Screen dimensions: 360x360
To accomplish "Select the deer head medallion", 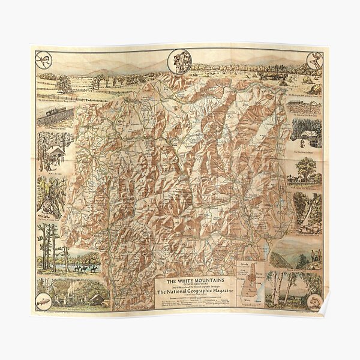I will [314, 59].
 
